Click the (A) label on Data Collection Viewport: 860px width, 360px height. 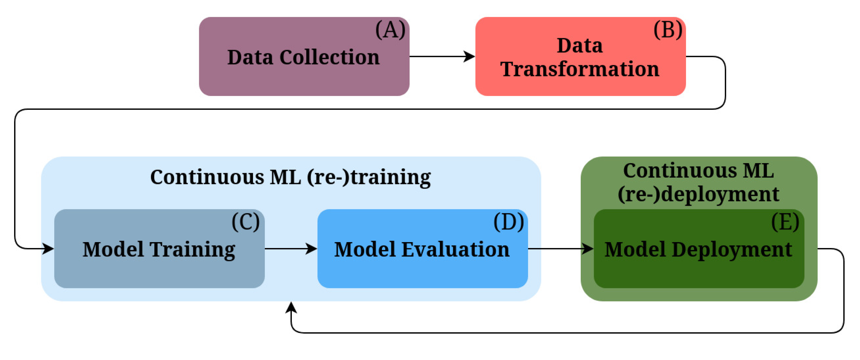[390, 30]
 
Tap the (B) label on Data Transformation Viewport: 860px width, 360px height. [668, 30]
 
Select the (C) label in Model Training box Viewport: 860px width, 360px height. [246, 222]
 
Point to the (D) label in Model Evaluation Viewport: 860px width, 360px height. [508, 222]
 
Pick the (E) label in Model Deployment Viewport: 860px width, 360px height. [785, 222]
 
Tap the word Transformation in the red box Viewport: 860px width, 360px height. [580, 69]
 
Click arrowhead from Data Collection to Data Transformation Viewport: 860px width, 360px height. [469, 57]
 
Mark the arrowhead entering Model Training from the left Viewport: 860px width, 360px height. [48, 248]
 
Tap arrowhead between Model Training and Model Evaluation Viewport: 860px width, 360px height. [312, 248]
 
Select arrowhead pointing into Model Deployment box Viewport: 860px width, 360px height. [588, 248]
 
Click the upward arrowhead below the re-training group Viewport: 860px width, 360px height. [291, 307]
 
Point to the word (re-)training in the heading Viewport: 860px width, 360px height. [369, 177]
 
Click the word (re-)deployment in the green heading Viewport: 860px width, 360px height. [698, 194]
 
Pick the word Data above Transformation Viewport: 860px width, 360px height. [580, 46]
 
